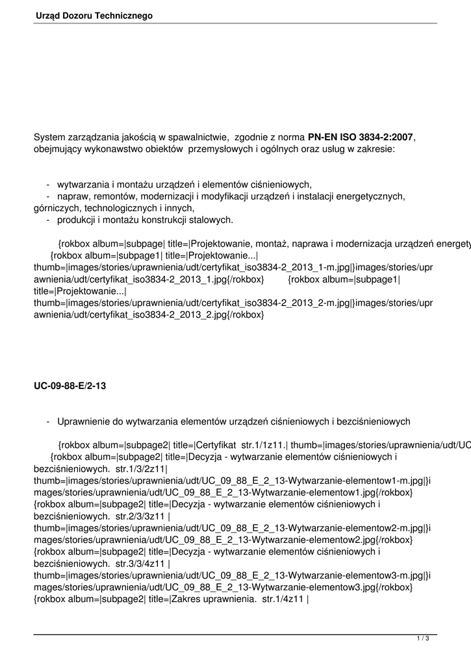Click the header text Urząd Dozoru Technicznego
tap(94, 15)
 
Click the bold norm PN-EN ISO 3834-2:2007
tap(361, 138)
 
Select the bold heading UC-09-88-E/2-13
tap(70, 386)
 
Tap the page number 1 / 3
tap(423, 639)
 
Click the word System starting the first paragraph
tap(50, 138)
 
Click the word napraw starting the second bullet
tap(73, 196)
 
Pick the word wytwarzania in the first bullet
tap(83, 184)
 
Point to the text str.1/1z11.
tap(265, 445)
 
